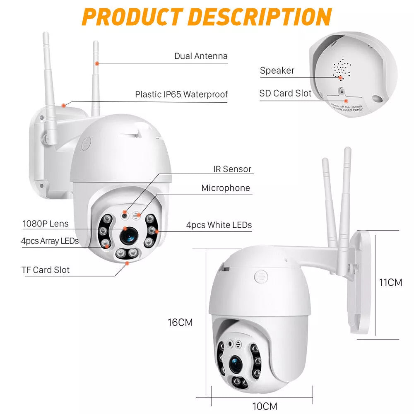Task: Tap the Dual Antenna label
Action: pyautogui.click(x=201, y=56)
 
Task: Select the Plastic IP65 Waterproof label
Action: pyautogui.click(x=181, y=94)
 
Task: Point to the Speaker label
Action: pyautogui.click(x=277, y=70)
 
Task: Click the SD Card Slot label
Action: pyautogui.click(x=285, y=93)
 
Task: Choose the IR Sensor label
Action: pyautogui.click(x=231, y=169)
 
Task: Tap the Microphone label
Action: pyautogui.click(x=226, y=188)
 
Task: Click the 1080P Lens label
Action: pyautogui.click(x=46, y=224)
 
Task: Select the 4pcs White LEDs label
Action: pyautogui.click(x=219, y=225)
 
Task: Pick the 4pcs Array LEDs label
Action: pyautogui.click(x=50, y=241)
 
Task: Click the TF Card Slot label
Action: pyautogui.click(x=46, y=270)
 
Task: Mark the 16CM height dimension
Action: pyautogui.click(x=180, y=322)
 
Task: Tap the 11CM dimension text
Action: pyautogui.click(x=391, y=282)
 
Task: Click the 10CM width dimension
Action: pyautogui.click(x=265, y=406)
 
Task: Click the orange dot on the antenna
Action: pyautogui.click(x=97, y=63)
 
